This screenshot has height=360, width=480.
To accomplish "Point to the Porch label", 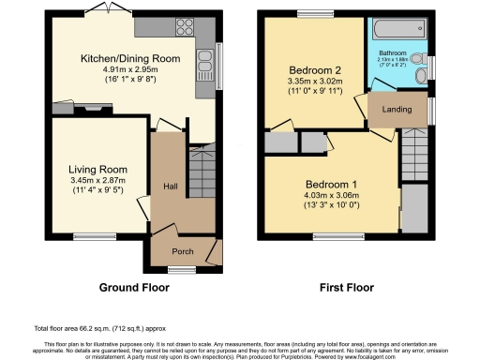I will tap(182, 251).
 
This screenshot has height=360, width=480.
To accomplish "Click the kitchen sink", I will tap(204, 63).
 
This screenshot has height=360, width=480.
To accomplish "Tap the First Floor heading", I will tap(348, 288).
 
